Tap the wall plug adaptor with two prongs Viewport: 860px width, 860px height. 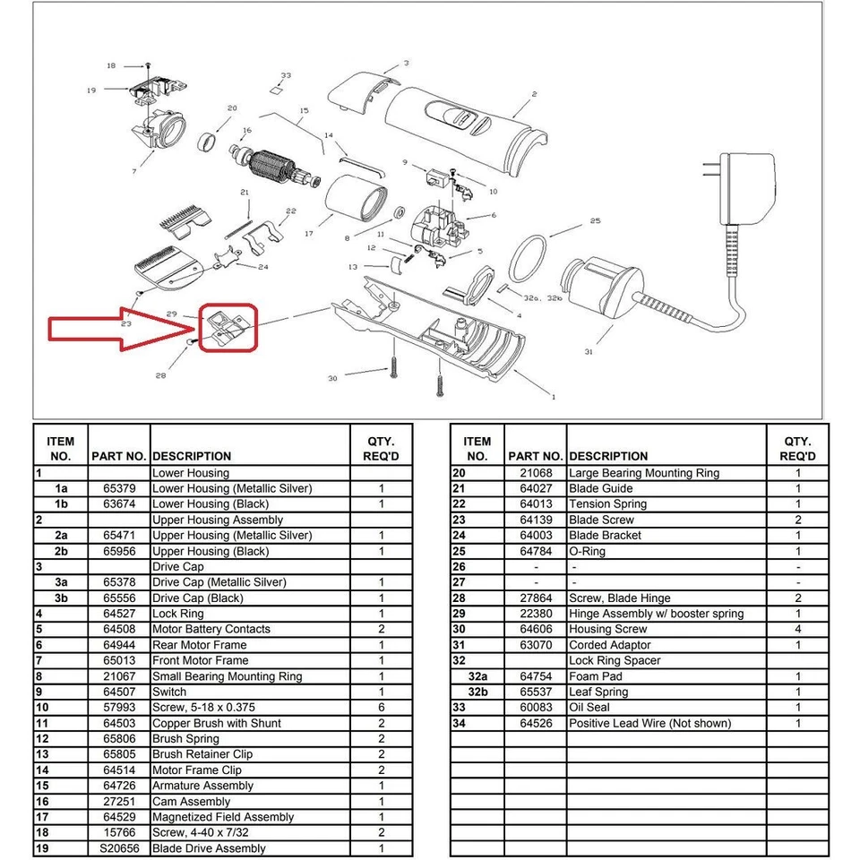pos(749,192)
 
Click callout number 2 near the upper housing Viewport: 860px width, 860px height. pos(534,94)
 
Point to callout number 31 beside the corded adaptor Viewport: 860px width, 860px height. pos(589,352)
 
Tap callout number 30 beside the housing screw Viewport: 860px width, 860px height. pos(333,378)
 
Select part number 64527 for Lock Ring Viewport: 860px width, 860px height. pos(119,614)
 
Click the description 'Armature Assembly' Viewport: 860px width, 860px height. pos(202,786)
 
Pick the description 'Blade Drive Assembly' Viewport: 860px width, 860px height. pos(209,848)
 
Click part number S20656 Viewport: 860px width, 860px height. pos(119,848)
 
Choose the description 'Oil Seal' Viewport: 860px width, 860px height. pos(589,708)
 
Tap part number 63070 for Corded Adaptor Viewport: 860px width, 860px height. pos(536,645)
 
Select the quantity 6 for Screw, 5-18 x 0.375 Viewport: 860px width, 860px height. pos(381,708)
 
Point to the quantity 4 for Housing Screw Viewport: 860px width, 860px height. pos(797,630)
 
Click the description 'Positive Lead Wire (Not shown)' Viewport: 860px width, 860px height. pos(649,723)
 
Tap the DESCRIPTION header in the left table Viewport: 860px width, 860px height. pos(192,456)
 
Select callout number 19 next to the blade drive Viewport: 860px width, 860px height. pos(91,90)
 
